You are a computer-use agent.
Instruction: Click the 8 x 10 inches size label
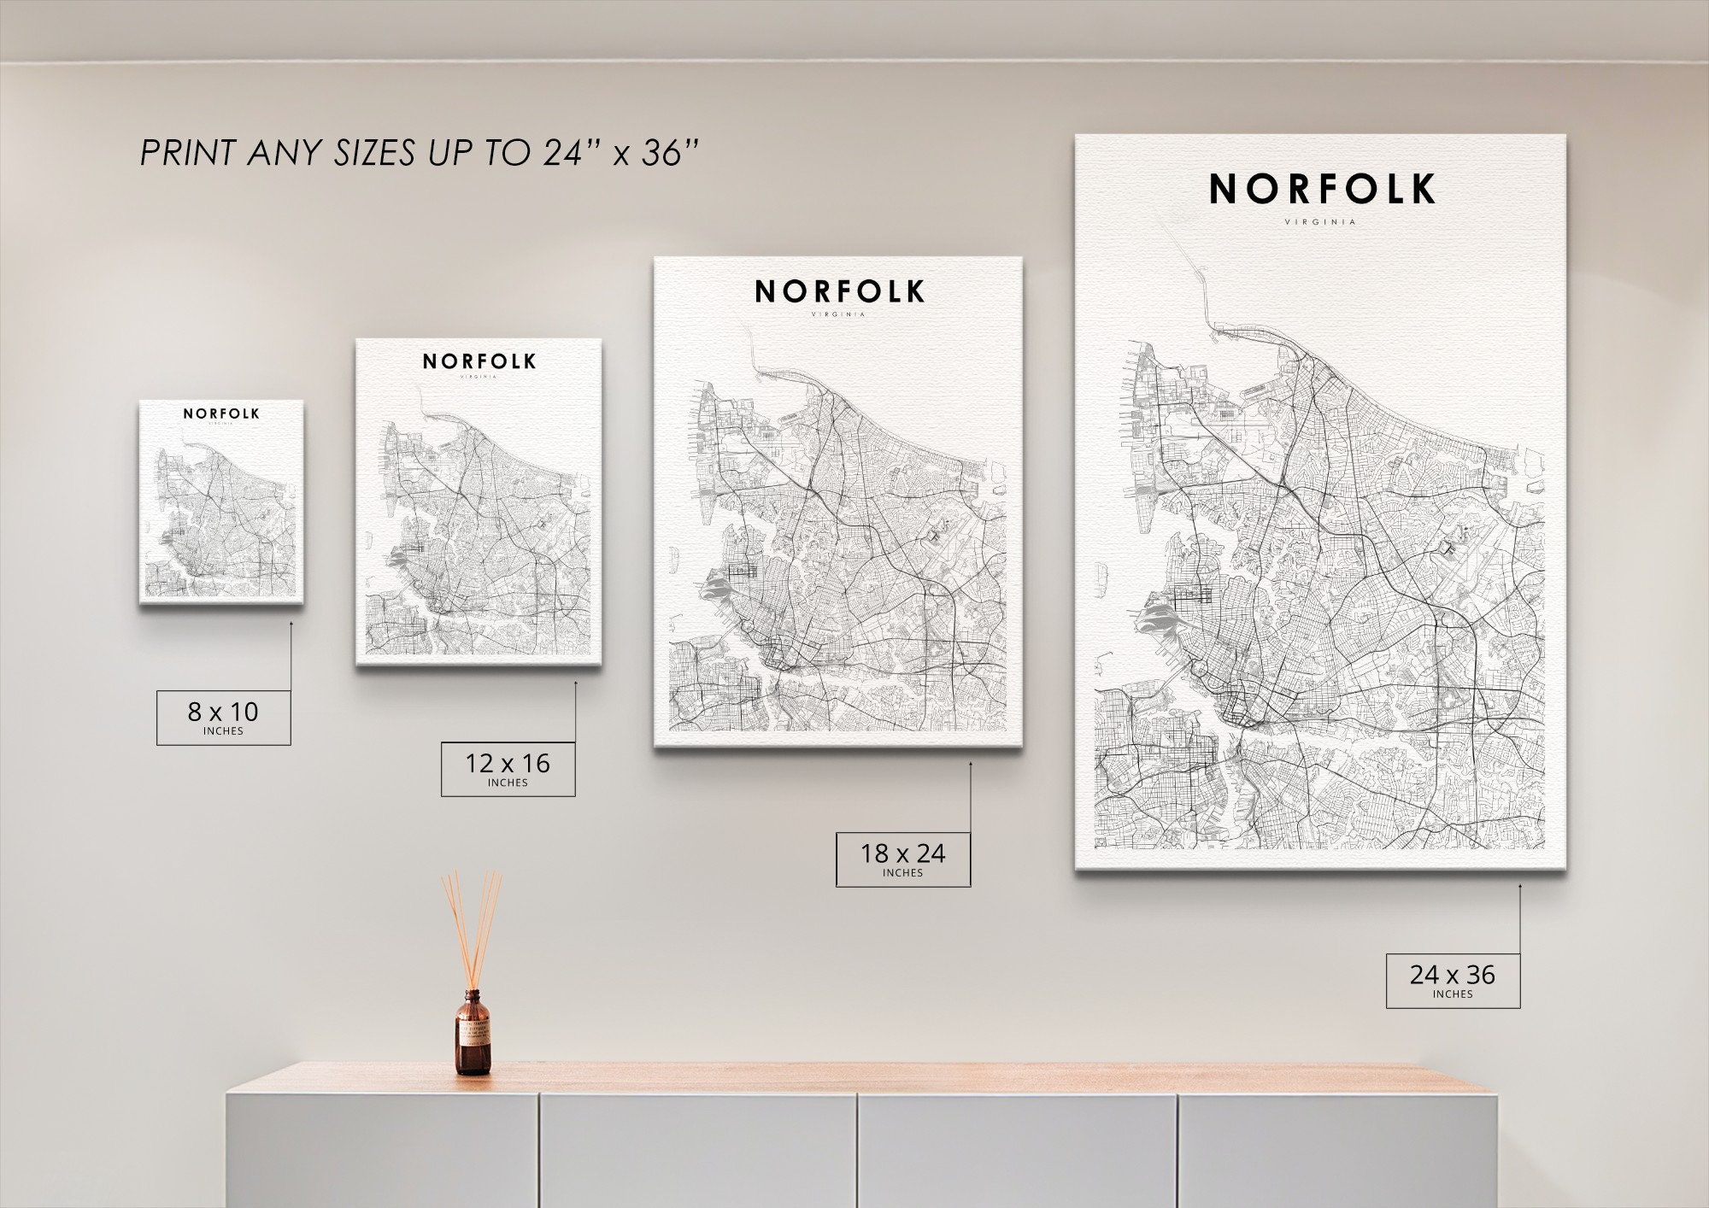point(223,717)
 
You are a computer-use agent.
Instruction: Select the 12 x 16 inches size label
point(508,769)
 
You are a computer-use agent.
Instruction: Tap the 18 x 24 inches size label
point(902,859)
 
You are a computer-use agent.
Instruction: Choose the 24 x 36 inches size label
point(1453,980)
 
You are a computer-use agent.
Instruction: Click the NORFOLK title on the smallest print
point(221,413)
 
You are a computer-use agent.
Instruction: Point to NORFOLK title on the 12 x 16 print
point(479,361)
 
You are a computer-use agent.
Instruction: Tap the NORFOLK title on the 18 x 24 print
point(839,292)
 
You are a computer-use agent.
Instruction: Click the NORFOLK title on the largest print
point(1321,190)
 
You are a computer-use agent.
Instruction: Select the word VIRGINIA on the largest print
point(1320,222)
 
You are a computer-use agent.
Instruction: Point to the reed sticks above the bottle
point(472,927)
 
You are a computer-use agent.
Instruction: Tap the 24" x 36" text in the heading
point(621,154)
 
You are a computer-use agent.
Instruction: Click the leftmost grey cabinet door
point(382,1149)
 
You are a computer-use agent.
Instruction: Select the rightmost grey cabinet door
point(1337,1149)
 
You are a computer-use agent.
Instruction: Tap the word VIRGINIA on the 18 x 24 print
point(838,314)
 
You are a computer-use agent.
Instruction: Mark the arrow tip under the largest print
point(1520,886)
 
